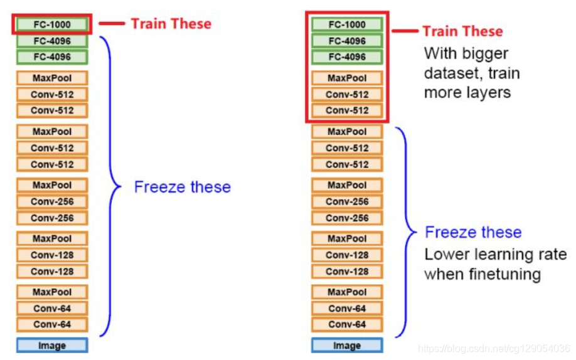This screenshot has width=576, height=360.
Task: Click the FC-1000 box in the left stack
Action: (51, 25)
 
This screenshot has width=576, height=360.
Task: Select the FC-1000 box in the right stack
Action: (346, 24)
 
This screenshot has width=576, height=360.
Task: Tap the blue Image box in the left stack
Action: (51, 345)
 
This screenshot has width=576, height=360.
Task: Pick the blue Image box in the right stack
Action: (346, 345)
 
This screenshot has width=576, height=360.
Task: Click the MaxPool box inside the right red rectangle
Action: (346, 78)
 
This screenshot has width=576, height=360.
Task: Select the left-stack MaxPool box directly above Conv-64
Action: (51, 292)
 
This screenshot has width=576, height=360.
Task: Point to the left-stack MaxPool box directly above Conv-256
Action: (51, 185)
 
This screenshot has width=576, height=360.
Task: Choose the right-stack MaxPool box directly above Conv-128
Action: (346, 238)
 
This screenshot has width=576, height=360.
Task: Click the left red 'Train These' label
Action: (171, 24)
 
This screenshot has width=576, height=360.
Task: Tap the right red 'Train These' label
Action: (462, 31)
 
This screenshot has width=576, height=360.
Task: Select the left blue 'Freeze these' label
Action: (182, 187)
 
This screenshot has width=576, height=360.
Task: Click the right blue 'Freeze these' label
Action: (473, 232)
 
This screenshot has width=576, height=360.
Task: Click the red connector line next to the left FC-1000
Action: (111, 24)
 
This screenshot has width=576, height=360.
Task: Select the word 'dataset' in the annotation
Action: (446, 73)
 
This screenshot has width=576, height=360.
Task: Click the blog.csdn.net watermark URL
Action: (493, 349)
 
